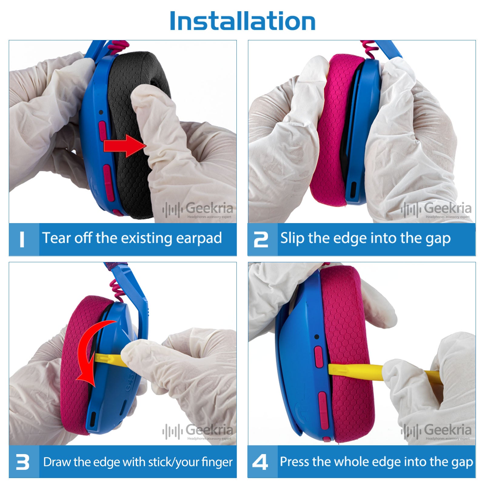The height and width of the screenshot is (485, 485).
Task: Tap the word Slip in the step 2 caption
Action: click(x=292, y=238)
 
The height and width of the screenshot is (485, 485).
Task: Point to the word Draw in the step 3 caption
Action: click(x=58, y=462)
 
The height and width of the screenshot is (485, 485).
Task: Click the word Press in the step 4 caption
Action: click(x=294, y=461)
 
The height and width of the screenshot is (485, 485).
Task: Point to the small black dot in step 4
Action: click(x=317, y=337)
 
